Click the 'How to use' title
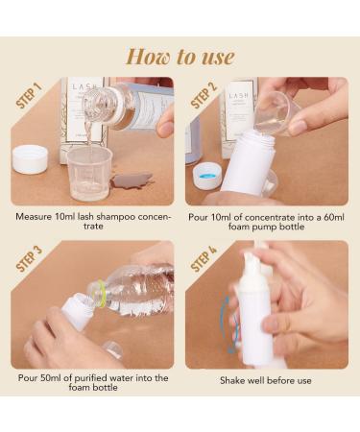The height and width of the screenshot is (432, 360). pos(180,57)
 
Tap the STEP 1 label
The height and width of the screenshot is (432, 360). pos(29,95)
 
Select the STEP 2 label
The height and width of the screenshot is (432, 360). pos(204,95)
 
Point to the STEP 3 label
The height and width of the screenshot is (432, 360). pos(29,258)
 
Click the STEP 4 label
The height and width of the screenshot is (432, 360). pos(204,258)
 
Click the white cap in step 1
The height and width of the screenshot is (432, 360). pos(30,159)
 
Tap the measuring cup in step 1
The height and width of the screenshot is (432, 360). pos(90,173)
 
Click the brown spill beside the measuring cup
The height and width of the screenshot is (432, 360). pos(132,180)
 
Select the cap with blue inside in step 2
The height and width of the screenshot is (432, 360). pos(207,177)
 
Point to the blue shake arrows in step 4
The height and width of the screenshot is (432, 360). pos(228,324)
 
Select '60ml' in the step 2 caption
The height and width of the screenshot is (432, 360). pos(334,217)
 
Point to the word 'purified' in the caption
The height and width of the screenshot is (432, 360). pos(90,378)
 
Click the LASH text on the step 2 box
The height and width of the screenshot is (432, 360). pos(238,96)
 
